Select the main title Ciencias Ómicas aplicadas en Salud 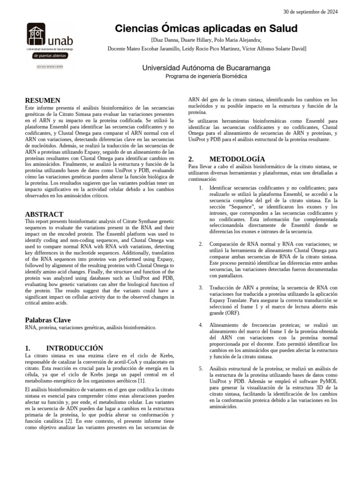(x=206, y=29)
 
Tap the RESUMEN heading (x=42, y=100)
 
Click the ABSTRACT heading (x=44, y=214)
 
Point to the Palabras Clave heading (x=47, y=320)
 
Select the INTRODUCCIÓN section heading (x=74, y=348)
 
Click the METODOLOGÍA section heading (x=237, y=159)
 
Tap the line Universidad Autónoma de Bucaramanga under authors (x=206, y=68)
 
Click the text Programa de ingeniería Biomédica (x=206, y=76)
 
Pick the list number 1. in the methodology (x=200, y=188)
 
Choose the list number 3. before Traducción (x=200, y=287)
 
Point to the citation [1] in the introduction (x=141, y=380)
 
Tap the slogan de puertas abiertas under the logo (x=50, y=56)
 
